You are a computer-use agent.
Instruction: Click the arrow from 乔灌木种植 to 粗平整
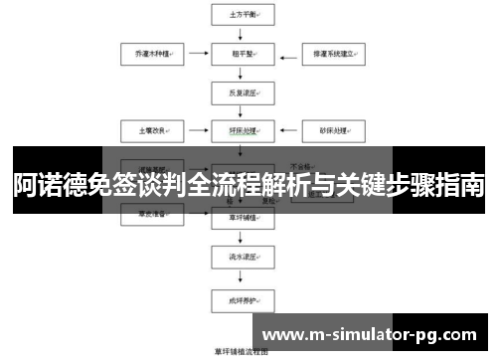(192, 53)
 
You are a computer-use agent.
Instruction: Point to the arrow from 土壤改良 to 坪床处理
(192, 130)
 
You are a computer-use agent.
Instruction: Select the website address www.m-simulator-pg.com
(372, 332)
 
